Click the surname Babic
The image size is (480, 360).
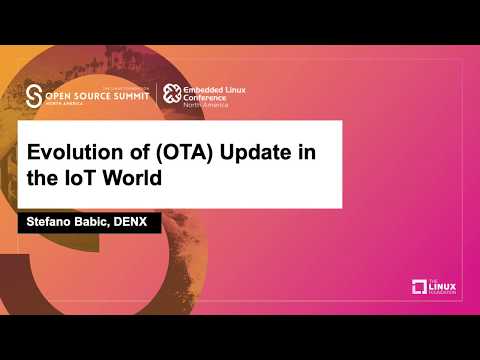[x=98, y=222]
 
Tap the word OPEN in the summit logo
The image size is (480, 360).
[x=65, y=95]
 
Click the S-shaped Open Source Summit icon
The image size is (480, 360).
[x=34, y=95]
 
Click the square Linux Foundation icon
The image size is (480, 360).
[x=420, y=287]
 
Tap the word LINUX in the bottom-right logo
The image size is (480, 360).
[x=444, y=286]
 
